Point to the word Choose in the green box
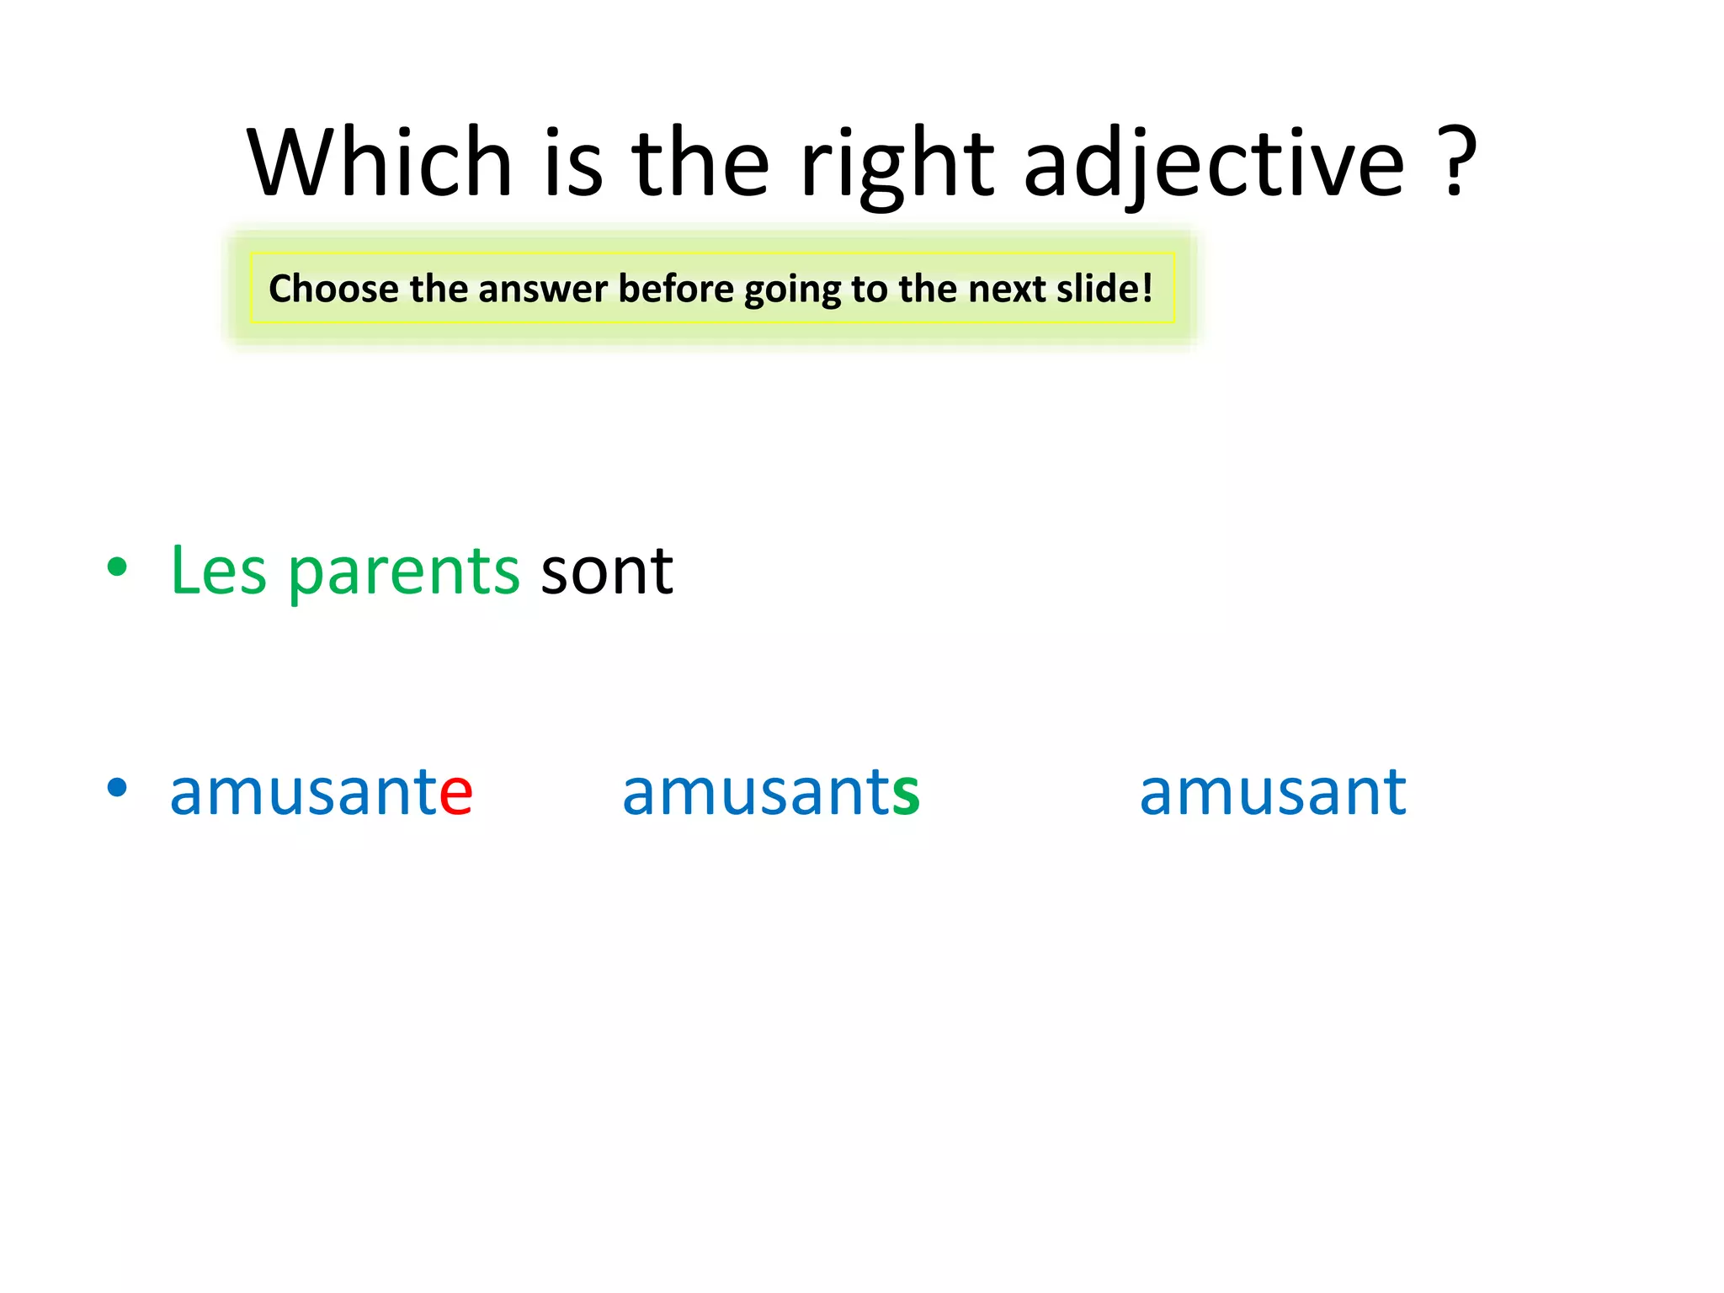tap(333, 289)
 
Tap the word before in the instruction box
tap(676, 289)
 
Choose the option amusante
tap(321, 792)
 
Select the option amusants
tap(770, 792)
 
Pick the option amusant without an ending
tap(1272, 792)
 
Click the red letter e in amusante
tap(456, 795)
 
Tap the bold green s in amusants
tap(906, 795)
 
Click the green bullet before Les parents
tap(117, 567)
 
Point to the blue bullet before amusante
tap(117, 788)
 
